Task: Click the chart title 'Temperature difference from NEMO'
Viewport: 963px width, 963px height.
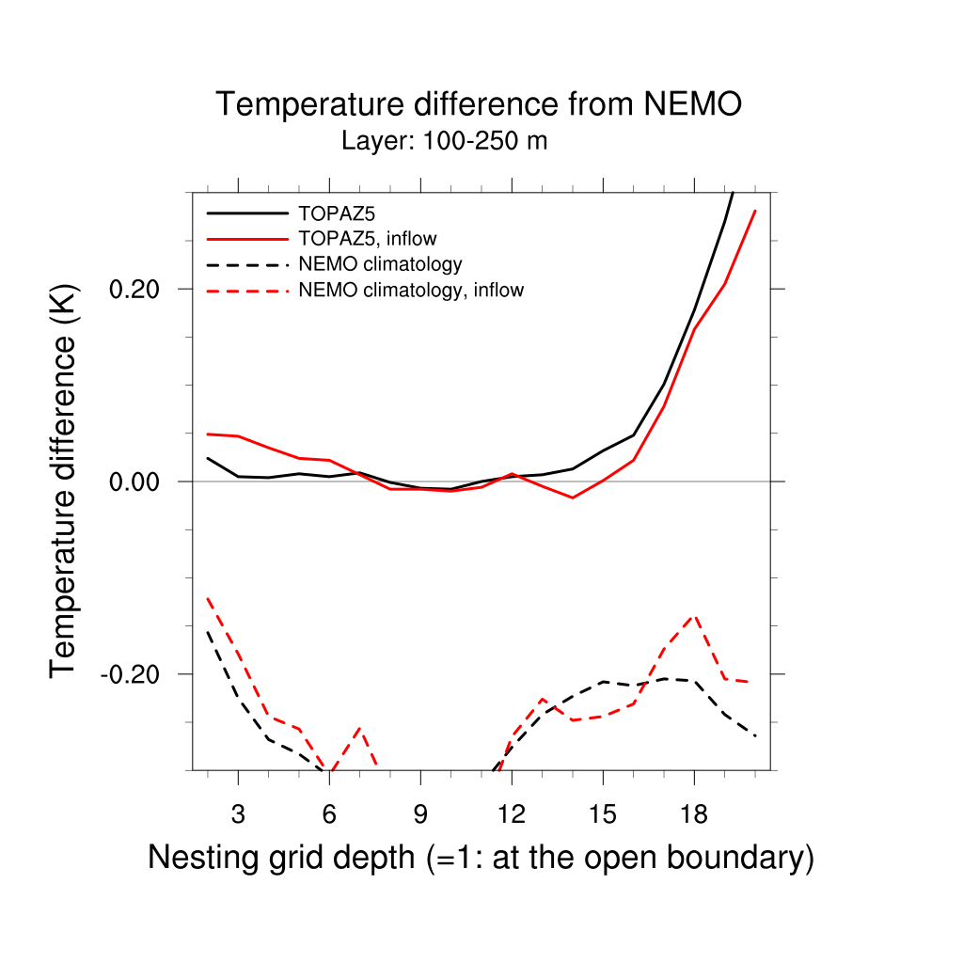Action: point(479,104)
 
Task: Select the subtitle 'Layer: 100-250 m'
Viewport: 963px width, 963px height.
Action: point(444,142)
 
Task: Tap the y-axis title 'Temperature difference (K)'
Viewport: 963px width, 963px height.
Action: point(64,481)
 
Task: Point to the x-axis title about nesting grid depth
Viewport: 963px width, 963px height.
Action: point(481,858)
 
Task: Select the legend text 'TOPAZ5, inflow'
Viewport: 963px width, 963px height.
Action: point(367,239)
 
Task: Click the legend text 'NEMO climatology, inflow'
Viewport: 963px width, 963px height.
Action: point(410,291)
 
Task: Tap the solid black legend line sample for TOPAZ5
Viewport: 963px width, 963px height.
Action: point(246,213)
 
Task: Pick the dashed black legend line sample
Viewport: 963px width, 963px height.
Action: point(246,265)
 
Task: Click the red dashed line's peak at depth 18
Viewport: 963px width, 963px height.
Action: point(694,615)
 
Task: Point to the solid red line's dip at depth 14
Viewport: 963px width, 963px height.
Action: point(573,497)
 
